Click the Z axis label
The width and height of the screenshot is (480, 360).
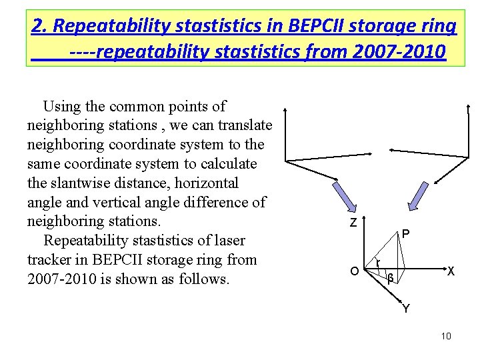pyautogui.click(x=353, y=223)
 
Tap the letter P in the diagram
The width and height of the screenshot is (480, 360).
pyautogui.click(x=405, y=235)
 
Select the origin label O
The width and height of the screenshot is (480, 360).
pyautogui.click(x=355, y=271)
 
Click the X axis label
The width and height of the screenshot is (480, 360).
pyautogui.click(x=451, y=271)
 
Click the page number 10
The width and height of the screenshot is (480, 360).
pyautogui.click(x=446, y=335)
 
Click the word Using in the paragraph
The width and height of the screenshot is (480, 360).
pyautogui.click(x=59, y=106)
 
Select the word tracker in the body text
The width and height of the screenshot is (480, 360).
pyautogui.click(x=52, y=259)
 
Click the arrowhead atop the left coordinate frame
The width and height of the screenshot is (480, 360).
pyautogui.click(x=285, y=109)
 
